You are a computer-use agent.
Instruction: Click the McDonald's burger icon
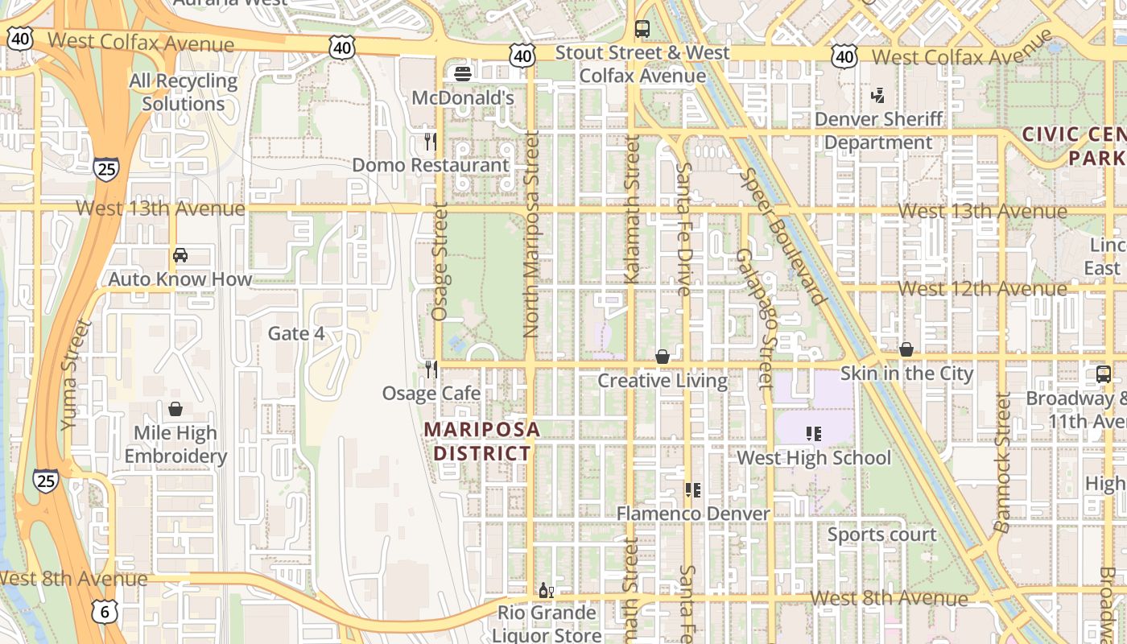click(x=463, y=74)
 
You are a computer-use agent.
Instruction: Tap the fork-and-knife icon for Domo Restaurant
click(x=431, y=142)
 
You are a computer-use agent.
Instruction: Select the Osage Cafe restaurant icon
click(x=431, y=369)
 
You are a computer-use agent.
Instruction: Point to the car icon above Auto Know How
click(x=180, y=255)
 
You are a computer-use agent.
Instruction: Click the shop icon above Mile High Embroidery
click(x=175, y=409)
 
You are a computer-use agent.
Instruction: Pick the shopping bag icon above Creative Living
click(x=663, y=357)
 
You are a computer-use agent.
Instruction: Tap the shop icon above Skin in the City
click(x=906, y=349)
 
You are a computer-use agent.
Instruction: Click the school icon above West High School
click(x=814, y=434)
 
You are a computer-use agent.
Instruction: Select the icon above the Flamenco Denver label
click(x=692, y=489)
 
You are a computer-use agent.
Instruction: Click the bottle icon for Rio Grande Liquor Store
click(x=546, y=590)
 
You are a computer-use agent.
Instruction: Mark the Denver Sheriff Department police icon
click(x=878, y=96)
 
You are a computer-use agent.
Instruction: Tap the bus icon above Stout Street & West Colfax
click(x=642, y=29)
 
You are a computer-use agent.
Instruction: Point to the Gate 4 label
click(x=296, y=333)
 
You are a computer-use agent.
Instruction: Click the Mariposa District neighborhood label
click(x=481, y=441)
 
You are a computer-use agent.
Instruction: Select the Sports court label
click(x=882, y=535)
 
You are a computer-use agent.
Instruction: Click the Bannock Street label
click(x=1002, y=462)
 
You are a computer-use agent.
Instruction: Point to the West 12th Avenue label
click(x=982, y=288)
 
